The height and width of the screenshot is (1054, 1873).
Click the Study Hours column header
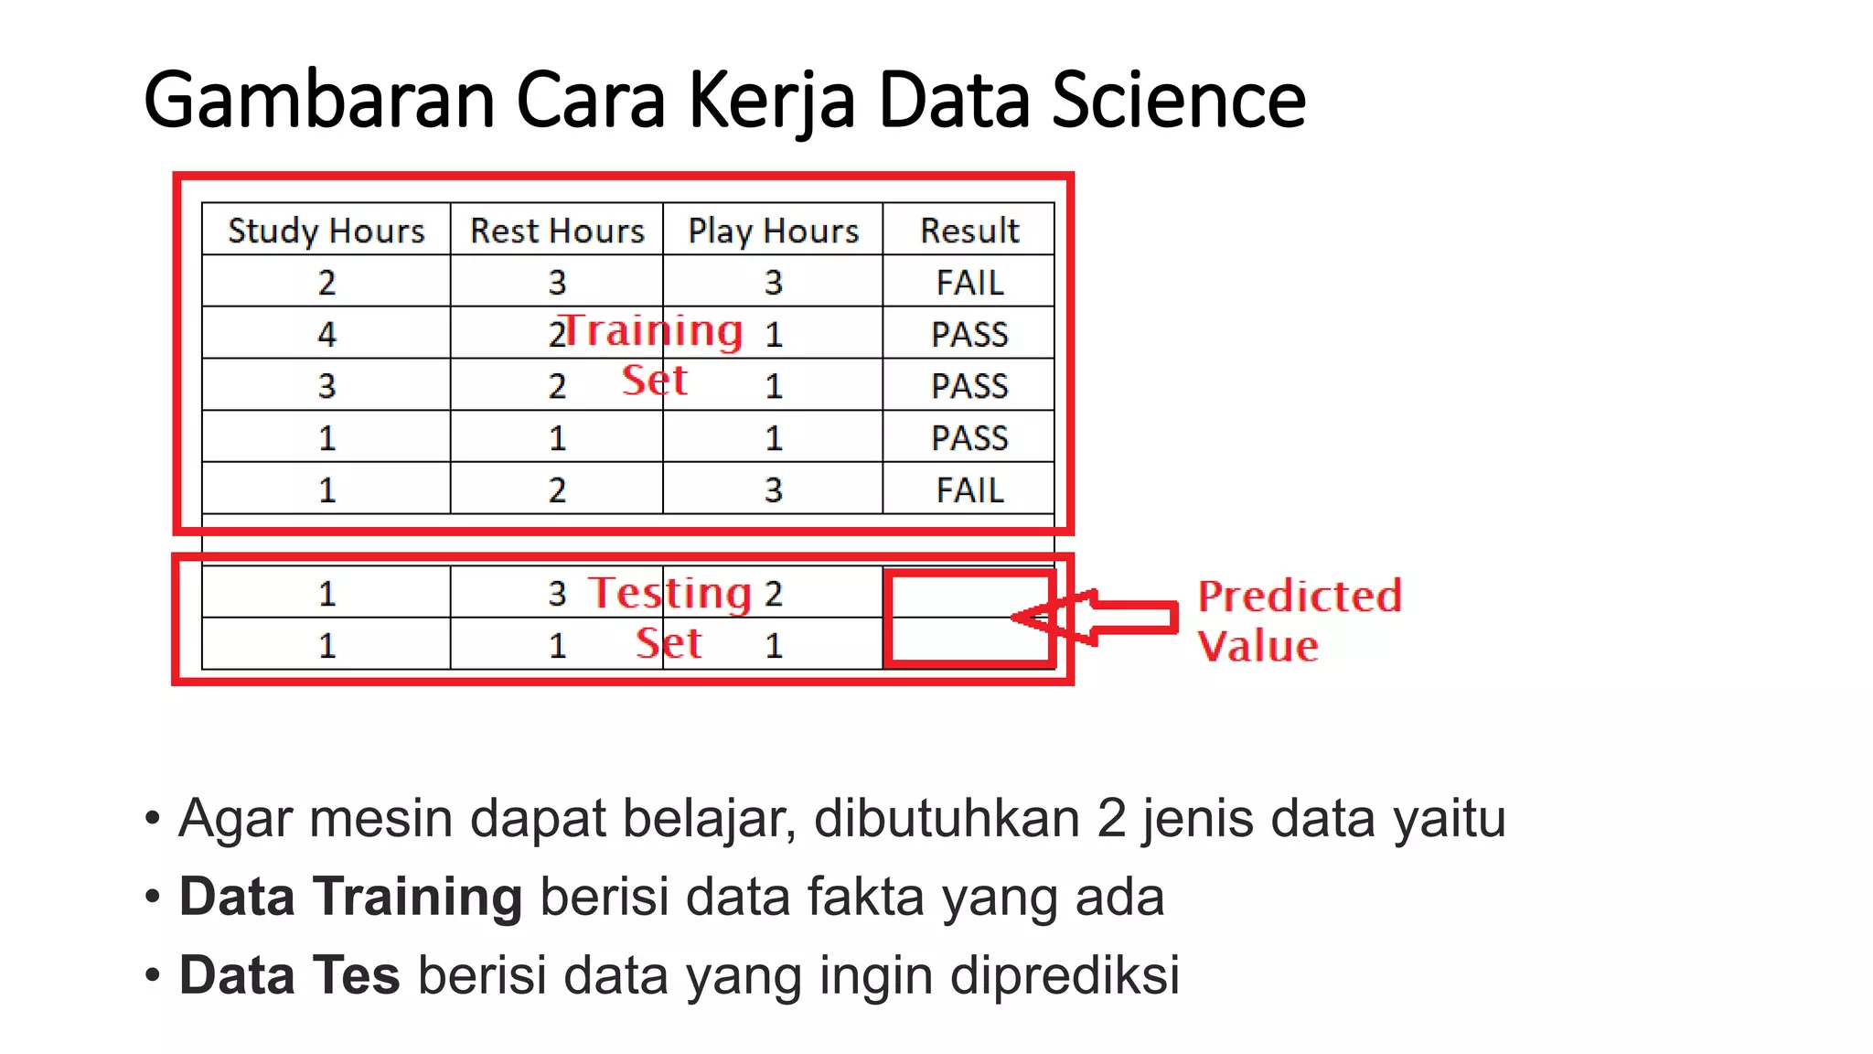(x=326, y=231)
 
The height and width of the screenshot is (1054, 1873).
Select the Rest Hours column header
(x=557, y=231)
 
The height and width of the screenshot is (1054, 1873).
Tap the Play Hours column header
(x=773, y=231)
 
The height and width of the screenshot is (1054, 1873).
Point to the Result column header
(x=969, y=231)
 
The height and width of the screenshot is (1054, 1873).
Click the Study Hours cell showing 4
(x=326, y=334)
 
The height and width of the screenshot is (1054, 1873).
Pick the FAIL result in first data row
(x=969, y=283)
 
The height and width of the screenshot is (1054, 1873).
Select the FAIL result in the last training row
(x=969, y=490)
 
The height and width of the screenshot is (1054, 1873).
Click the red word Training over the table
(x=653, y=330)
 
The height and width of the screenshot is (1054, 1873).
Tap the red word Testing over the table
(x=670, y=593)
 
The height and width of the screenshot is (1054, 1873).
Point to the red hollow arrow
(x=1097, y=618)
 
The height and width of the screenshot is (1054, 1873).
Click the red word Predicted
(x=1299, y=597)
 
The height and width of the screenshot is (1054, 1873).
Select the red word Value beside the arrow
(x=1258, y=646)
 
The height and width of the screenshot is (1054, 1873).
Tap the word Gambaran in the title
(x=319, y=100)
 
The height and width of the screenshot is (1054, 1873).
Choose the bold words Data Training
(x=350, y=897)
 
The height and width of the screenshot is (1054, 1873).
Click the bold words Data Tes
(x=289, y=975)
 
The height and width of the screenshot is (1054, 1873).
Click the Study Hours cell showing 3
(x=326, y=386)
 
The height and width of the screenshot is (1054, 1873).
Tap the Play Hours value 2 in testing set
(x=774, y=595)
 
